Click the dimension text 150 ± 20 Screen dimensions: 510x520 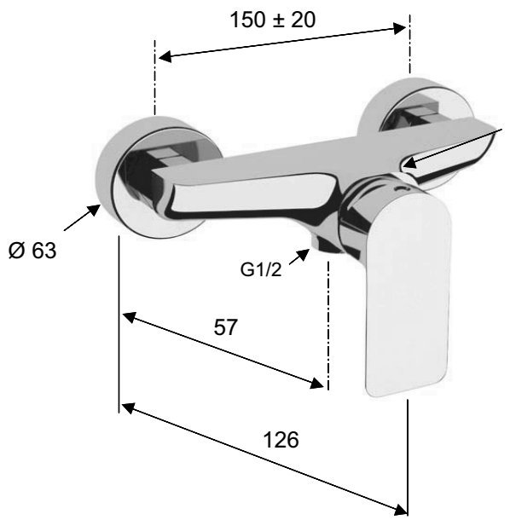(x=272, y=20)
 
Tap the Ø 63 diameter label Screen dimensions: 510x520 (x=32, y=250)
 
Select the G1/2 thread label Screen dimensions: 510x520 (x=261, y=269)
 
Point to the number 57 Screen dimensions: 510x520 (x=226, y=327)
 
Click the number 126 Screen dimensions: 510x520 (x=281, y=440)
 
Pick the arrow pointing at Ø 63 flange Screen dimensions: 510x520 (x=82, y=217)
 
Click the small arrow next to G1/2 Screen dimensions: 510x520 (x=299, y=257)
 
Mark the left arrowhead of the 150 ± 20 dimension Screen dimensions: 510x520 (x=165, y=56)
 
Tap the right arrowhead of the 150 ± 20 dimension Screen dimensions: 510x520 (x=399, y=28)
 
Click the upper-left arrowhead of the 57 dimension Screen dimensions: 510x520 (x=130, y=317)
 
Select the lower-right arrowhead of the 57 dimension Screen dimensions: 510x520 (x=316, y=383)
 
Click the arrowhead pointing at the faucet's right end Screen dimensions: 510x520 (x=410, y=163)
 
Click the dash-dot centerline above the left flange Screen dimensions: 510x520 (x=154, y=78)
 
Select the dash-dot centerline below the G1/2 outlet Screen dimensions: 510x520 (x=328, y=325)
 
